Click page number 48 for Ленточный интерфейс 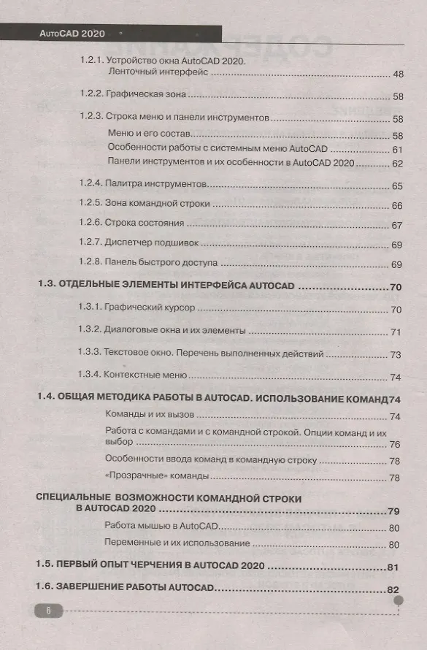tap(398, 74)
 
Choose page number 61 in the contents tap(398, 150)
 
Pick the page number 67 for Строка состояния tap(398, 226)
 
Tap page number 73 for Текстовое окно tap(397, 355)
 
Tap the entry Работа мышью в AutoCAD tap(157, 527)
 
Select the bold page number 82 tap(393, 590)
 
